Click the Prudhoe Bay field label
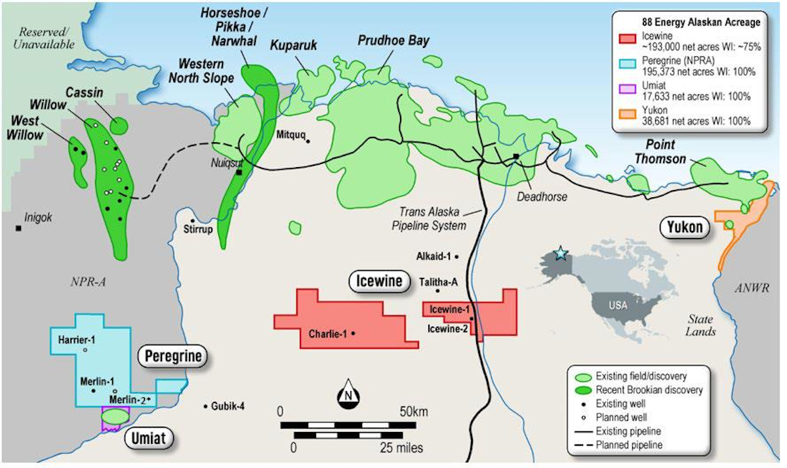point(393,41)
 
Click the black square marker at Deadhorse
point(517,156)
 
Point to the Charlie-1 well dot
point(353,333)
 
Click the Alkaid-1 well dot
point(456,256)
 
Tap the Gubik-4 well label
point(228,406)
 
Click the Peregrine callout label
point(171,357)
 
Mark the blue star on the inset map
point(560,254)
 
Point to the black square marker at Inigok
point(19,228)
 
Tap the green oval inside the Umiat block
point(115,415)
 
